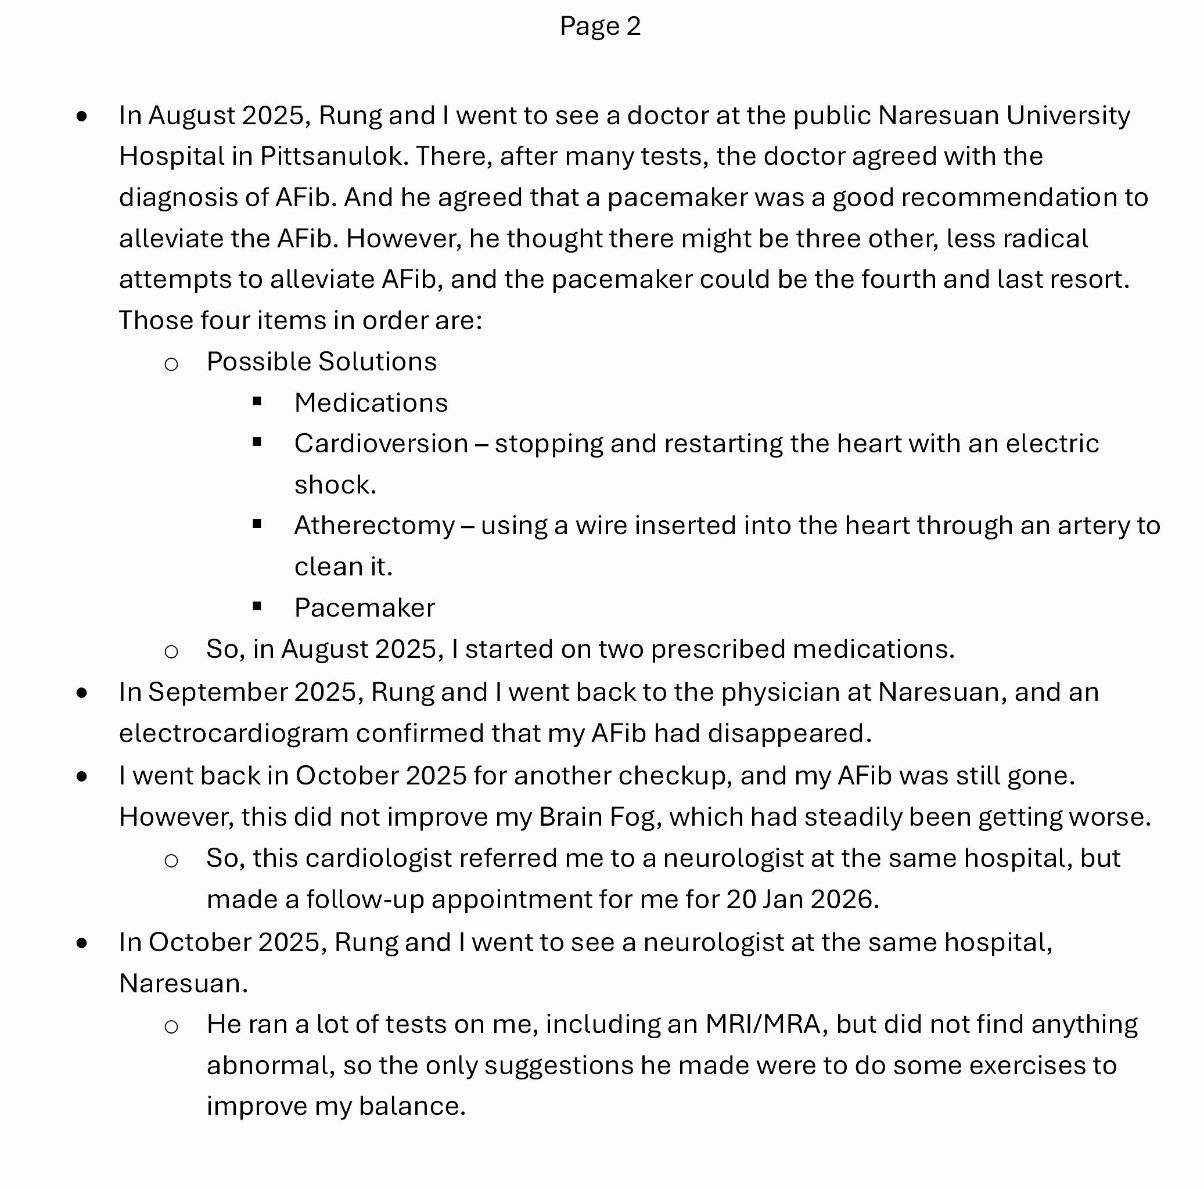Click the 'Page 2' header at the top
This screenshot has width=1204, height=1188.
pyautogui.click(x=599, y=26)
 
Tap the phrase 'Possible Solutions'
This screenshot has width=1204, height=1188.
pyautogui.click(x=322, y=362)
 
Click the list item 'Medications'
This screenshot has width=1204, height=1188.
pyautogui.click(x=371, y=403)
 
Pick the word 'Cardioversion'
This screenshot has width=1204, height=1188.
pyautogui.click(x=381, y=444)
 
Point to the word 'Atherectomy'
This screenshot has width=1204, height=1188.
pyautogui.click(x=375, y=526)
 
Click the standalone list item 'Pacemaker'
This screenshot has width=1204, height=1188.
pyautogui.click(x=365, y=608)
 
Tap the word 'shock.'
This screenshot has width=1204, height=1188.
pyautogui.click(x=335, y=485)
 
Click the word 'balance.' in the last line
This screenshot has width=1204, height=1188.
pyautogui.click(x=412, y=1106)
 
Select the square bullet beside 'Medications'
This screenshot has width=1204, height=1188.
pyautogui.click(x=257, y=402)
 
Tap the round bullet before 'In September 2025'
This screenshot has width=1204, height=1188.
pyautogui.click(x=82, y=693)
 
